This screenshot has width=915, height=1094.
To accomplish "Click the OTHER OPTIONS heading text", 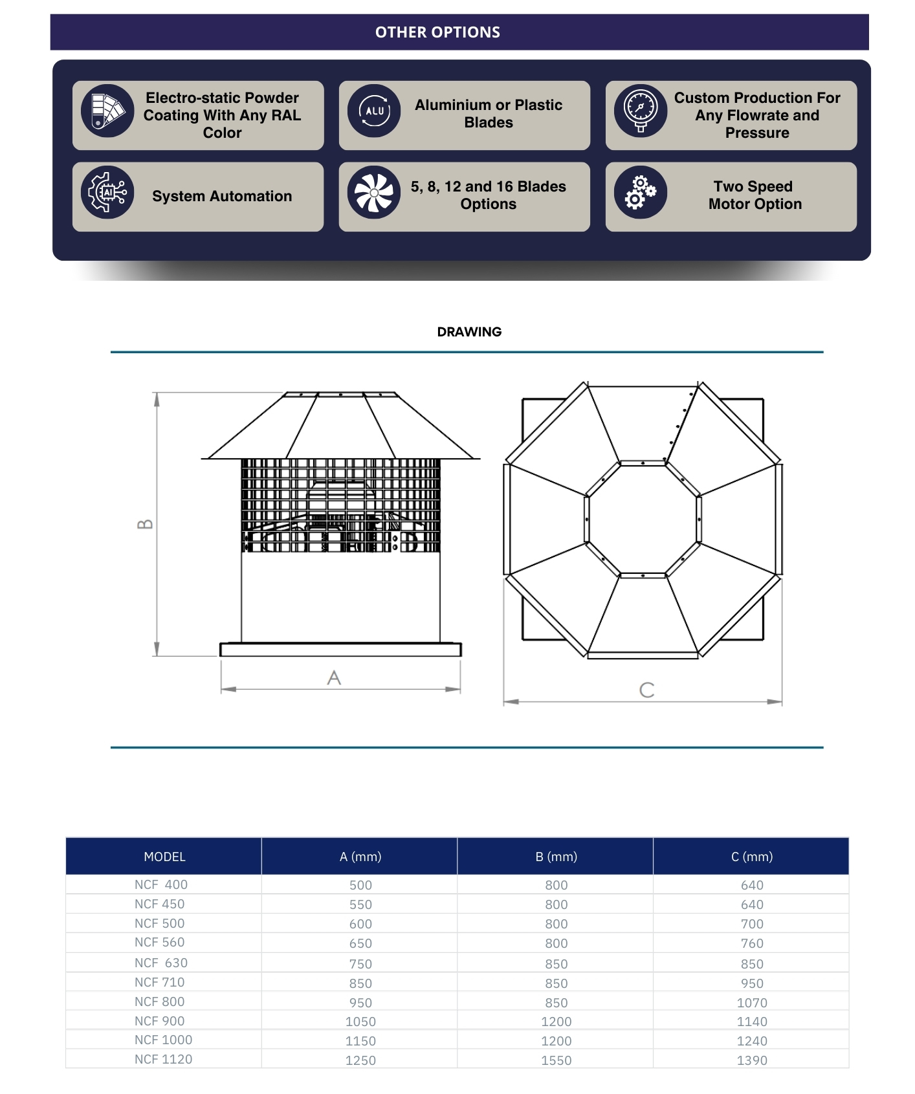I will point(437,32).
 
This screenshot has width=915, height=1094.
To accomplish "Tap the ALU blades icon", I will point(374,111).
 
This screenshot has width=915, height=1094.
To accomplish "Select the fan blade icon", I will point(374,192).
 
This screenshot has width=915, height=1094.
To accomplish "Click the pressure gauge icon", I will point(640,111).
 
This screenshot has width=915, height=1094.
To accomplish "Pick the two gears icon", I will point(640,192).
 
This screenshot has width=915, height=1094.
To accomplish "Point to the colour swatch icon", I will point(107,111).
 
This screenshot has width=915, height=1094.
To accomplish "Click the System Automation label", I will point(222,196).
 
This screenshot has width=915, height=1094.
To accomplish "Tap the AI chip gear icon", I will point(107,192).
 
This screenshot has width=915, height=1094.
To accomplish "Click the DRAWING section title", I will point(469,332).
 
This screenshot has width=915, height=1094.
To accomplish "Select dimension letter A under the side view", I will point(334,678).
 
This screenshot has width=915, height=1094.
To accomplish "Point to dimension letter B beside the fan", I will point(146,524).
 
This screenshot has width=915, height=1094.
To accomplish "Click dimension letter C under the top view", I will point(646,690).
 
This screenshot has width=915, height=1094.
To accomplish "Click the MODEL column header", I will point(164,857).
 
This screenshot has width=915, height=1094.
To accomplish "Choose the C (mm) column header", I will point(752,857).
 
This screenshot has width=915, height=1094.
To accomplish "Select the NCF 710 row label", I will point(159,982).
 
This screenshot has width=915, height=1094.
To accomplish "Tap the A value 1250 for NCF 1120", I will point(360,1060).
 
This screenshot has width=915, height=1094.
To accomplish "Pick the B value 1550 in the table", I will point(556,1060).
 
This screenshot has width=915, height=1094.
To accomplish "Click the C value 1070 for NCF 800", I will point(752,1003).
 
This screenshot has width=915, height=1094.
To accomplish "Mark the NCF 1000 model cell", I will point(163,1040).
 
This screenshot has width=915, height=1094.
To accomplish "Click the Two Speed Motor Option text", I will point(755,195).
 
